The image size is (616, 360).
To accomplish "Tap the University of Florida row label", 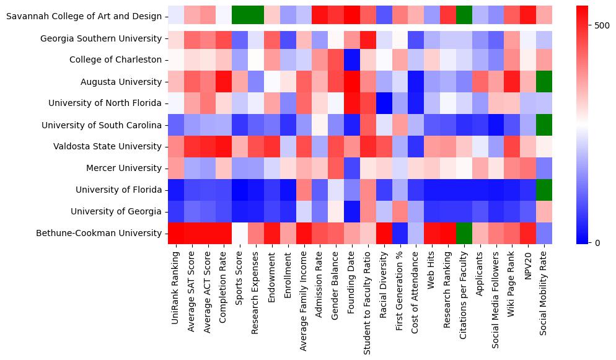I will (x=118, y=190).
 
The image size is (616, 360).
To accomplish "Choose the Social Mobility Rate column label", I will (x=543, y=294).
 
